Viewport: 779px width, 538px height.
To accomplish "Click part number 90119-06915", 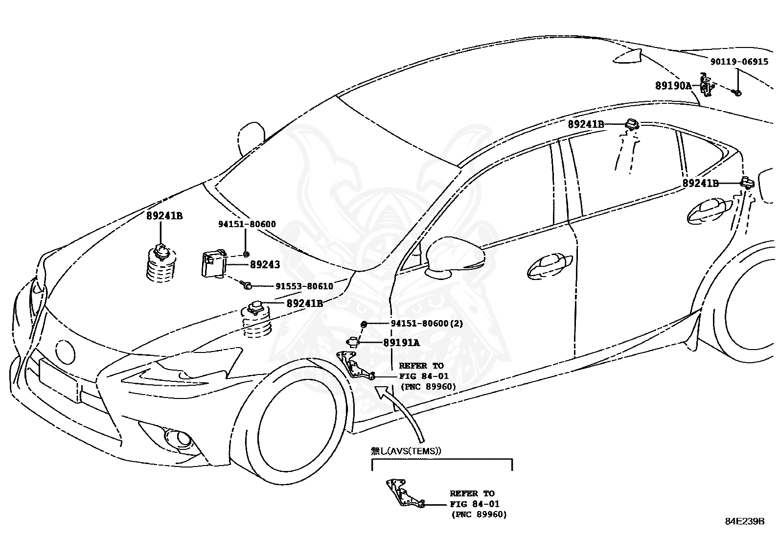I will click(x=739, y=62).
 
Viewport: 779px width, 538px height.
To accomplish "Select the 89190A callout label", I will click(x=673, y=86).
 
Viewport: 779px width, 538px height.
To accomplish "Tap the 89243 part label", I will click(x=265, y=265).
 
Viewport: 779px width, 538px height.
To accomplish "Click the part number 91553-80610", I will click(x=297, y=286).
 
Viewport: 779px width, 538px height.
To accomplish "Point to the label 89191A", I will click(x=401, y=343).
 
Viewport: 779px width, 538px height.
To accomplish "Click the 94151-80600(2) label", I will click(x=427, y=324).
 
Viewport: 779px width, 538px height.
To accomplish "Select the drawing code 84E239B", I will click(x=744, y=521).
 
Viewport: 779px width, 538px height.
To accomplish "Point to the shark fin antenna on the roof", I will click(x=631, y=56).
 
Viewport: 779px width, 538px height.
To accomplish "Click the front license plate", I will click(x=59, y=379).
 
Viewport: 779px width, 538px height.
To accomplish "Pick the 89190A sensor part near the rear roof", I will click(x=706, y=86).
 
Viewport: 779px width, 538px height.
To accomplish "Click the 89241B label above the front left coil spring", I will click(x=164, y=215).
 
